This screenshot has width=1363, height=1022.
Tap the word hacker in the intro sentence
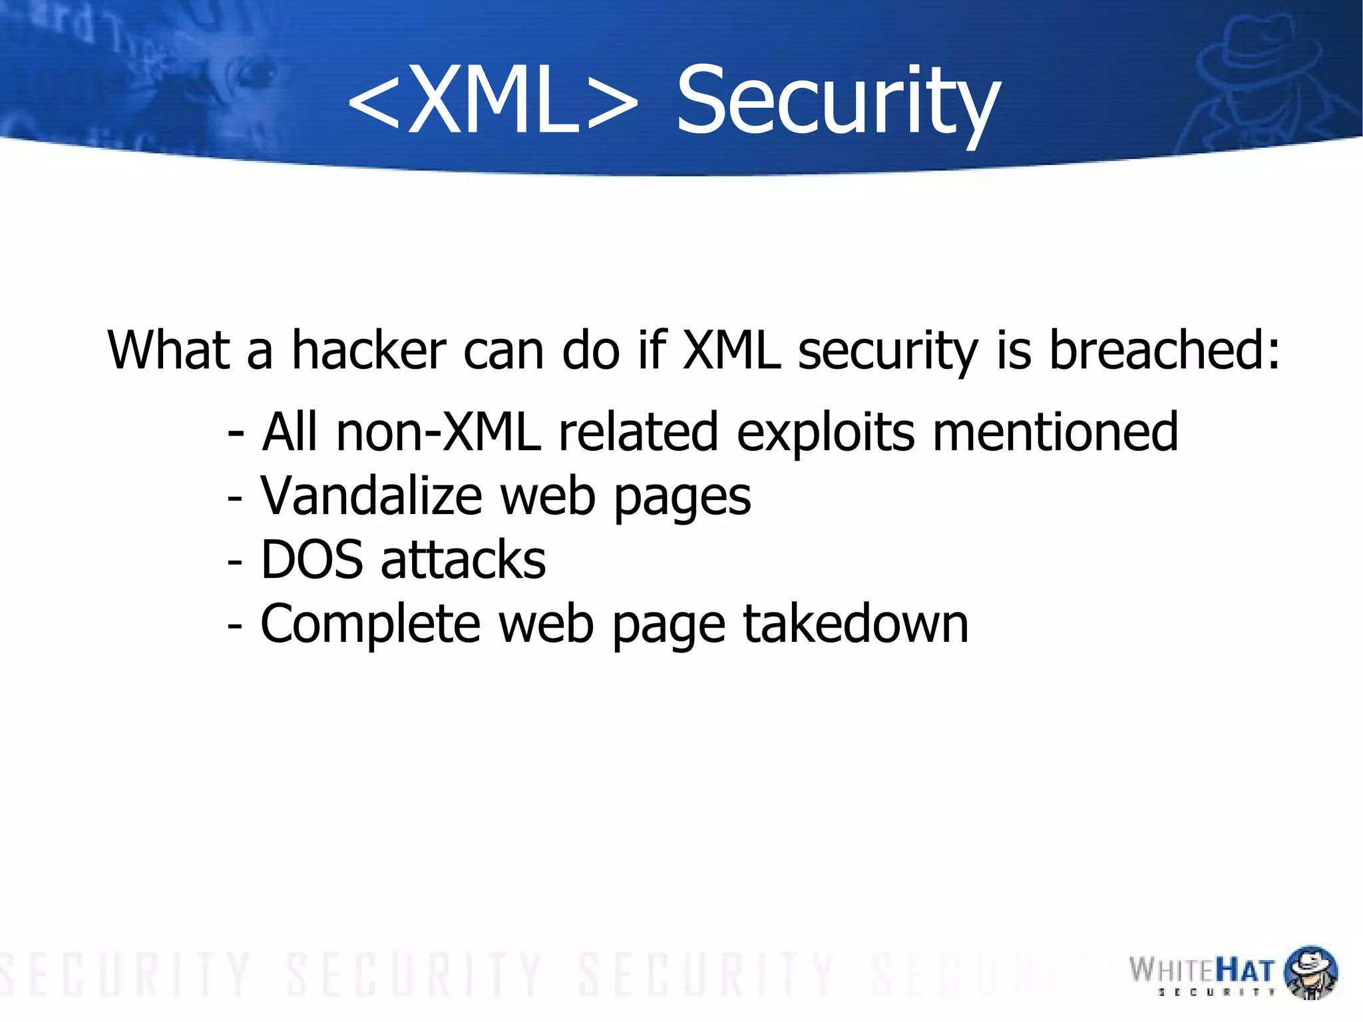pos(369,350)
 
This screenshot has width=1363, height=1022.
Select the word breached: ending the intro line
pos(1164,350)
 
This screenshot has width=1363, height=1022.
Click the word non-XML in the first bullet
pos(439,432)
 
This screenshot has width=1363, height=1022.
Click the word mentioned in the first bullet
pos(1055,432)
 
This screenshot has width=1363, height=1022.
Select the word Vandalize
pos(371,496)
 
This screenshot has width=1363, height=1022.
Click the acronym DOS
pos(312,560)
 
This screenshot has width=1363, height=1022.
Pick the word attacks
pos(463,560)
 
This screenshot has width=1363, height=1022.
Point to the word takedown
pos(855,624)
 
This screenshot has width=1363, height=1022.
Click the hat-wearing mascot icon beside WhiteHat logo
pos(1310,971)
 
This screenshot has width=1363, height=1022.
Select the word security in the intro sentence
pos(888,352)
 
